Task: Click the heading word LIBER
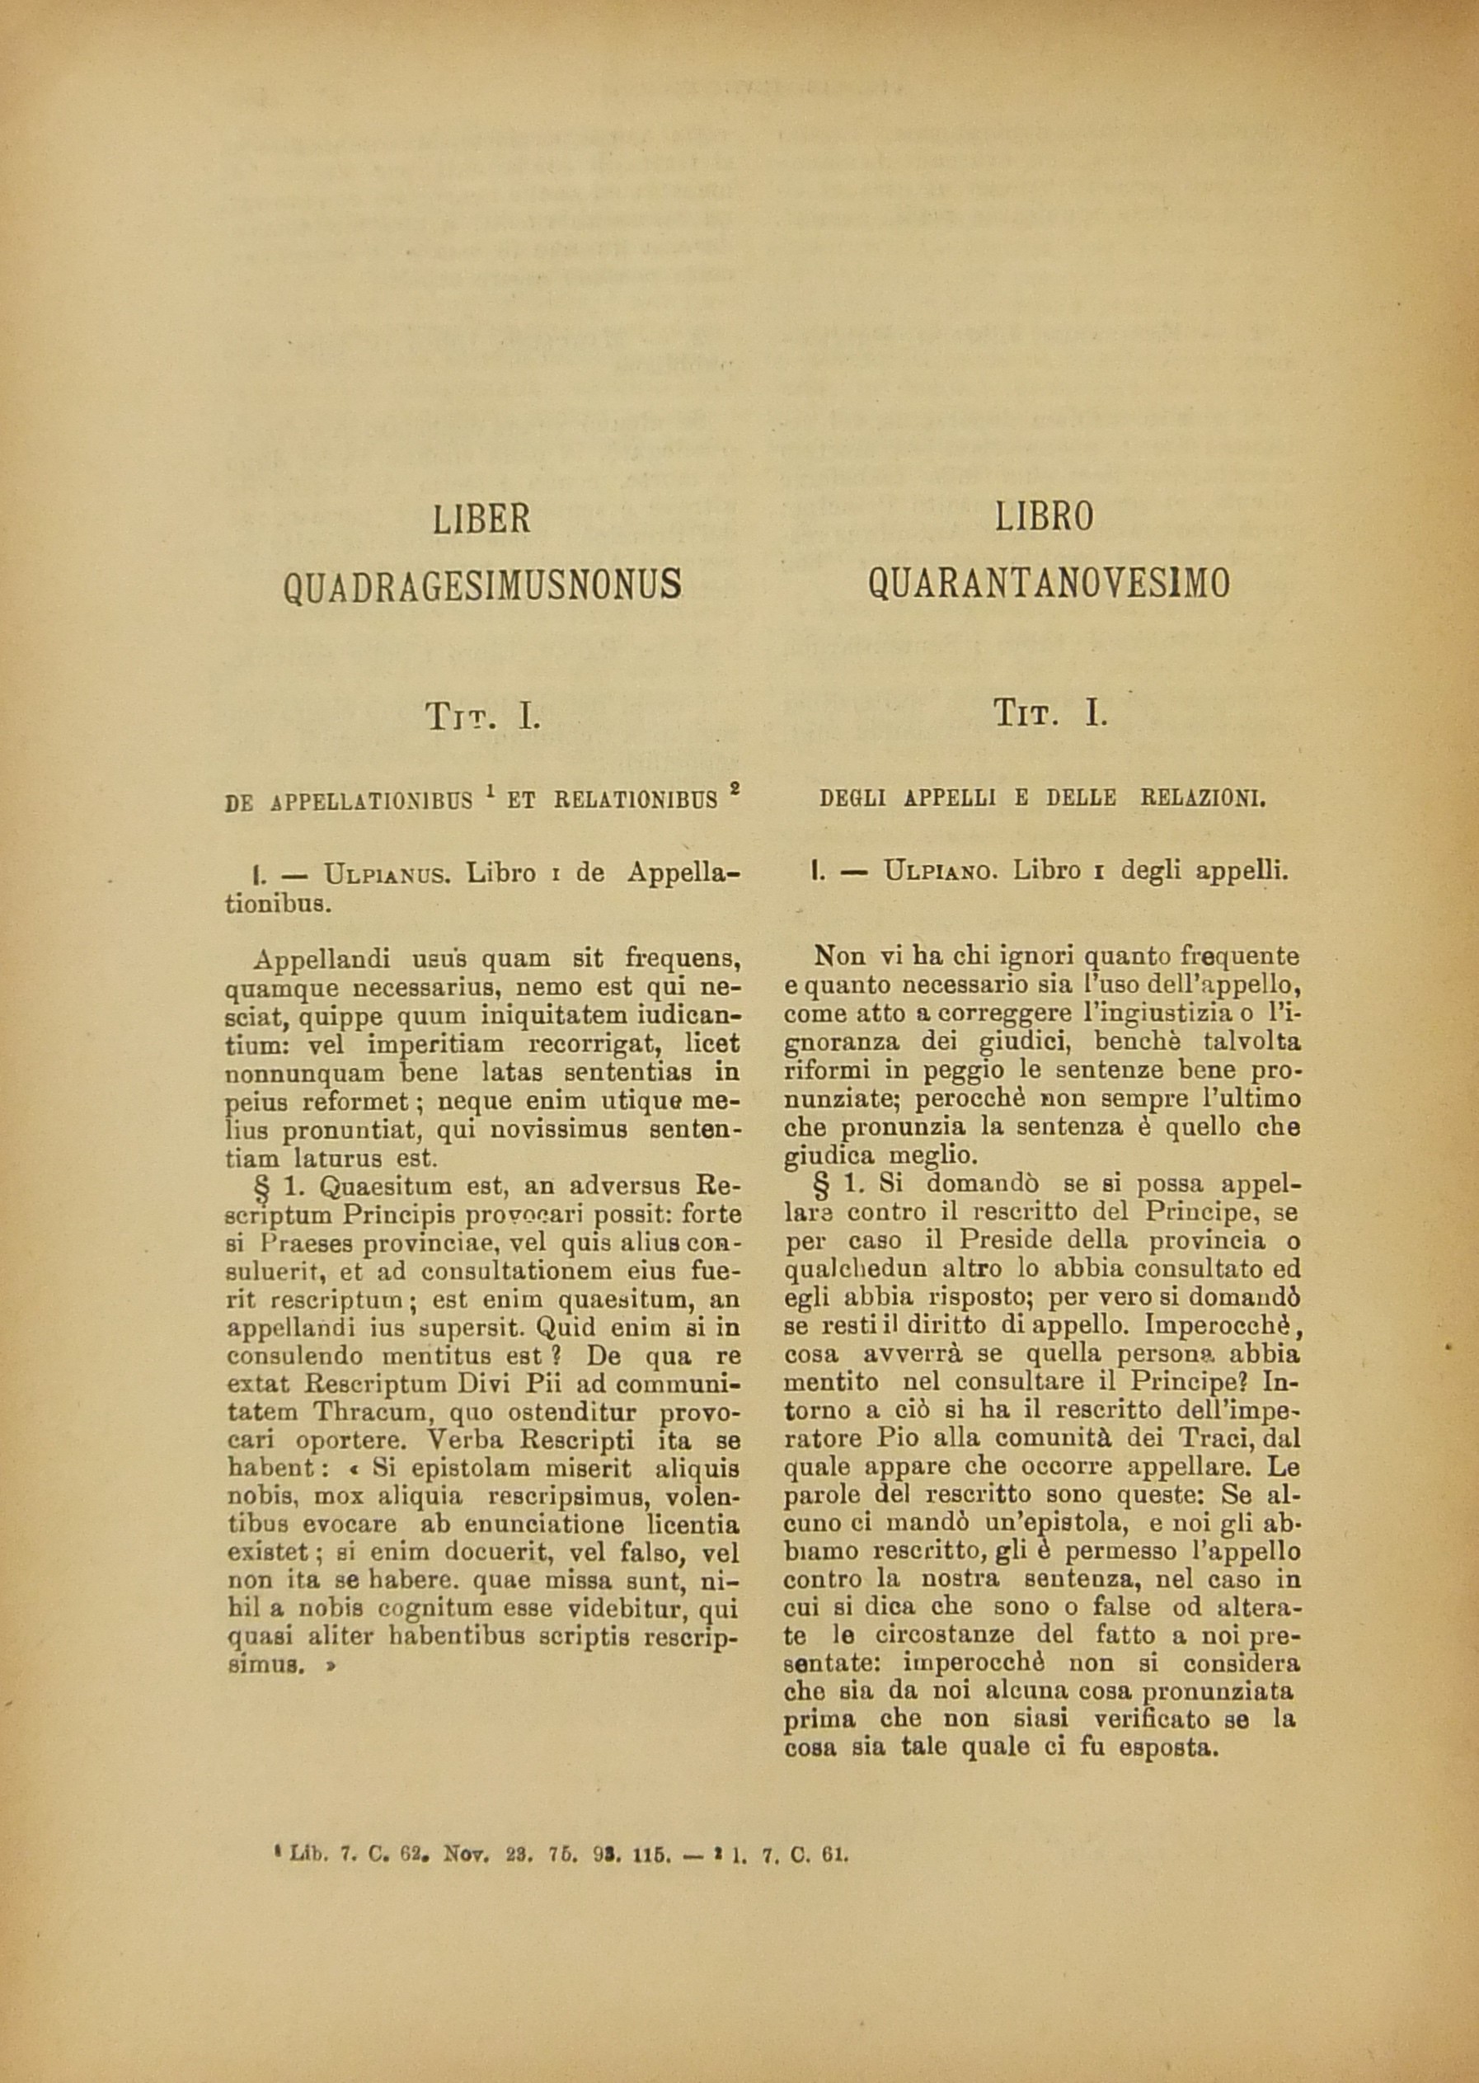[x=481, y=520]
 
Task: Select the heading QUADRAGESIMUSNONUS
[x=481, y=584]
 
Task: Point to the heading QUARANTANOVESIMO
[x=1049, y=583]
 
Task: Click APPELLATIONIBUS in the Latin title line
[x=371, y=802]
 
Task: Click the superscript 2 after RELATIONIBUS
[x=735, y=792]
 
